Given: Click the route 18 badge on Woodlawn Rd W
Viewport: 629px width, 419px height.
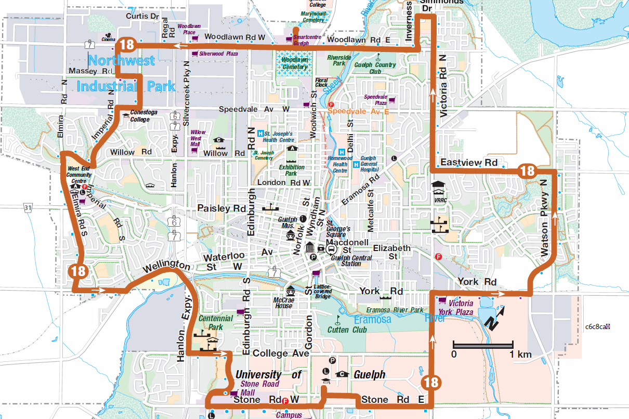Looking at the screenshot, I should [127, 44].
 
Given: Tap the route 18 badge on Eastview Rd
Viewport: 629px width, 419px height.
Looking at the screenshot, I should [527, 171].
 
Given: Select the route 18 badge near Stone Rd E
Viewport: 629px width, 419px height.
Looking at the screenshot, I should [431, 383].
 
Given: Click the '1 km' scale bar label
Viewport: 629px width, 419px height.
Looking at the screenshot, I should [520, 355].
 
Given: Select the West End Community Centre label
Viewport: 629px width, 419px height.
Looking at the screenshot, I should [80, 172].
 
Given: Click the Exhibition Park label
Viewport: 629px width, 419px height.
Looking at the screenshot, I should [292, 171].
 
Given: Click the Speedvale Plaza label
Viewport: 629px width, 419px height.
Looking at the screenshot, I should [375, 100].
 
